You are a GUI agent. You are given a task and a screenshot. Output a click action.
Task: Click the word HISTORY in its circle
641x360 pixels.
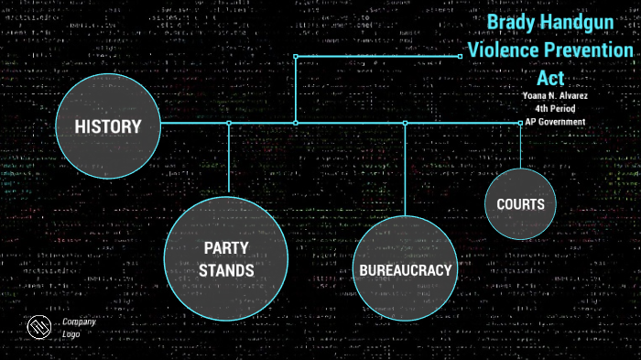click(x=108, y=127)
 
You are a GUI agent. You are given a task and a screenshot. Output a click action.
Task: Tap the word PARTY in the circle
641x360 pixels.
click(x=226, y=248)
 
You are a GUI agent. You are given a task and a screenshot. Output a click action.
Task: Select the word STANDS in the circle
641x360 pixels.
click(x=226, y=270)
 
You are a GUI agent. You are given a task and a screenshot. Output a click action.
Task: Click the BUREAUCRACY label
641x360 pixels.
click(x=405, y=270)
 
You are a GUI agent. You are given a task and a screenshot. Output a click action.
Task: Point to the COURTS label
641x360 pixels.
click(x=520, y=204)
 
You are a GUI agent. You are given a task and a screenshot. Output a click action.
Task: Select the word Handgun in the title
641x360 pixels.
click(x=585, y=24)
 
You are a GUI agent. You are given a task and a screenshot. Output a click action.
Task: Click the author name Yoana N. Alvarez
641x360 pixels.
click(x=554, y=96)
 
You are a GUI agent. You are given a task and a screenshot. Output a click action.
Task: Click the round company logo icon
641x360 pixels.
click(x=38, y=327)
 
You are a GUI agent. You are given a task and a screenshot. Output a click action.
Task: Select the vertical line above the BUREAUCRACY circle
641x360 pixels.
click(x=405, y=169)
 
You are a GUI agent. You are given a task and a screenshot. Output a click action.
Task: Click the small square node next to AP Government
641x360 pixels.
click(x=520, y=122)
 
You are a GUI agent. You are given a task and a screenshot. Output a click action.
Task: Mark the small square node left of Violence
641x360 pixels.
click(x=460, y=56)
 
